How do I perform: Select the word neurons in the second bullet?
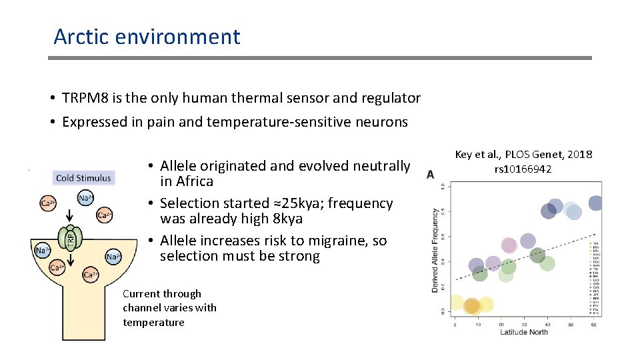pyautogui.click(x=383, y=121)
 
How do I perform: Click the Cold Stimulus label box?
pyautogui.click(x=83, y=178)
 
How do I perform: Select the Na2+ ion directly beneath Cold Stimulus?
pyautogui.click(x=85, y=198)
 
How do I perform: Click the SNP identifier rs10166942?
pyautogui.click(x=523, y=169)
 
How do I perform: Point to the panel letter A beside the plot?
pyautogui.click(x=431, y=174)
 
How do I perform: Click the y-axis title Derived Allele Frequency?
pyautogui.click(x=435, y=250)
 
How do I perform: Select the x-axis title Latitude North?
pyautogui.click(x=524, y=331)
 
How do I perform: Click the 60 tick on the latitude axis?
pyautogui.click(x=593, y=324)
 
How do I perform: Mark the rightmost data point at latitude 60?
pyautogui.click(x=595, y=203)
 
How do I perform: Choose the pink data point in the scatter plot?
pyautogui.click(x=509, y=245)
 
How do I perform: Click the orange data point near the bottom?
pyautogui.click(x=472, y=306)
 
